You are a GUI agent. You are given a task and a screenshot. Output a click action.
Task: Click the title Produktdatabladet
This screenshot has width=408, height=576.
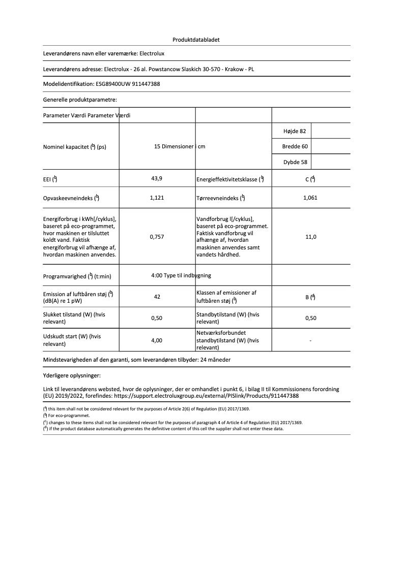[x=196, y=40]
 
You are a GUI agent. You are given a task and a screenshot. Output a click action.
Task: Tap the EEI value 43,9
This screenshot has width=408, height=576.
[x=157, y=178]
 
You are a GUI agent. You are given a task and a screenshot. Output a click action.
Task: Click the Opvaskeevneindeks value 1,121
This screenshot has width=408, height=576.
[x=157, y=198]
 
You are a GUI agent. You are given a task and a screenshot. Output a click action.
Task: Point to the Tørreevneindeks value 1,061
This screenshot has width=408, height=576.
[x=310, y=198]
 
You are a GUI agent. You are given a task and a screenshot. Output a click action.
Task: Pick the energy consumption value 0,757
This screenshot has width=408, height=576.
[x=157, y=237]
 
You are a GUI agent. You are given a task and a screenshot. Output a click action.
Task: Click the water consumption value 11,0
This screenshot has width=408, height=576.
[x=310, y=237]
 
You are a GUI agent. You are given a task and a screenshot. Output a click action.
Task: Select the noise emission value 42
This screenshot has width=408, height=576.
[x=157, y=297]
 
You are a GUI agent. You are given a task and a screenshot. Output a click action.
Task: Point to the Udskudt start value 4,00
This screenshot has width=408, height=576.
[x=157, y=340]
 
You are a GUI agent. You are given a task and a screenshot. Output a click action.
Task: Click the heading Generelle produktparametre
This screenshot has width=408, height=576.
[x=80, y=100]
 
